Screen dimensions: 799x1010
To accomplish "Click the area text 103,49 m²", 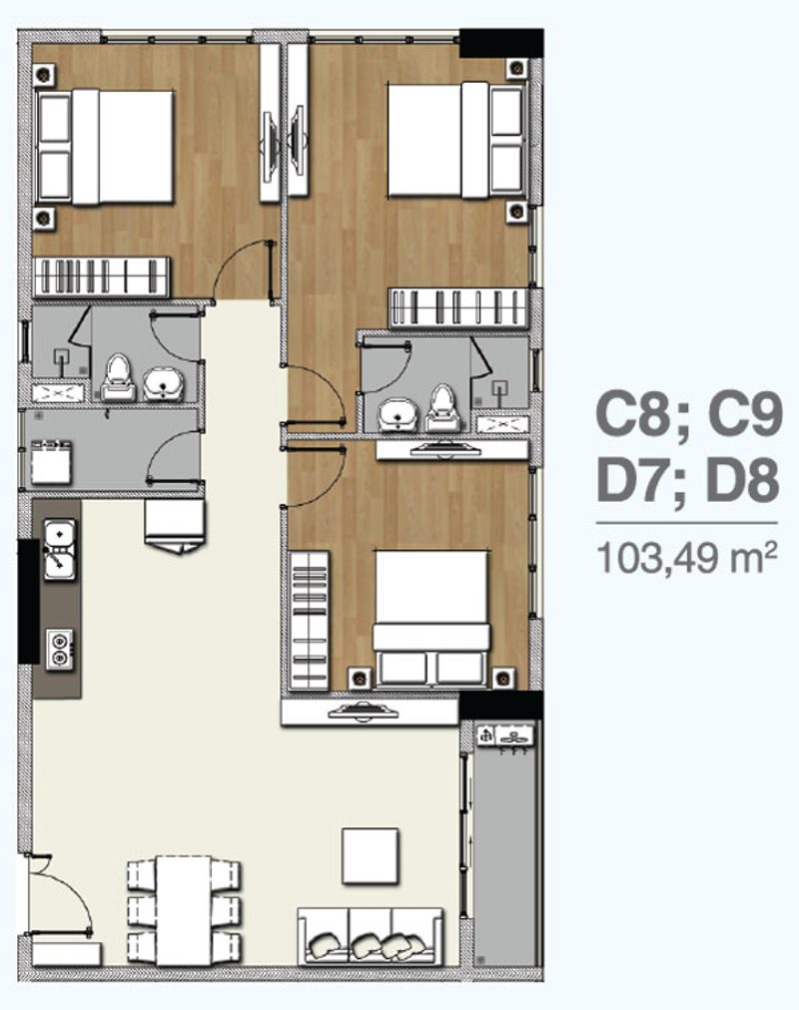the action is (x=687, y=557).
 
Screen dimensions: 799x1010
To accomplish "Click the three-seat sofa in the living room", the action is (x=370, y=936).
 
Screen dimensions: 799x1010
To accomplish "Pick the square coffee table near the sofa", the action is (x=370, y=856).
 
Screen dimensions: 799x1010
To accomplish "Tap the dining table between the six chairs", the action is (x=184, y=910).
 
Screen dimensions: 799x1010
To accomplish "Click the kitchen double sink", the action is (x=59, y=550).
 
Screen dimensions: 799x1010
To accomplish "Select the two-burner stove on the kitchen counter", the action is (x=59, y=649).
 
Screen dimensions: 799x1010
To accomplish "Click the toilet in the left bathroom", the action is (x=118, y=377).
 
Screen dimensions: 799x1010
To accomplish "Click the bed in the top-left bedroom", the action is (x=105, y=148).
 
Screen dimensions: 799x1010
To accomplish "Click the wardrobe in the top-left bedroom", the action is (x=102, y=277).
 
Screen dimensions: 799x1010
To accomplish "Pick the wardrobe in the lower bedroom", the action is (x=310, y=620).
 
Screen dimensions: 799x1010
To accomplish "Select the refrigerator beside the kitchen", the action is (x=174, y=526).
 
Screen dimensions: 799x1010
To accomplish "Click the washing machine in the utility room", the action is (x=52, y=461).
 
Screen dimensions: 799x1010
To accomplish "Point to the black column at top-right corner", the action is (x=501, y=43).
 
